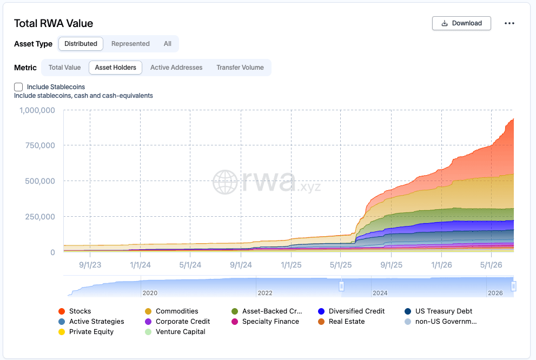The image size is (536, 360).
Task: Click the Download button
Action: click(x=461, y=23)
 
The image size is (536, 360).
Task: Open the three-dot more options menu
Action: click(x=509, y=23)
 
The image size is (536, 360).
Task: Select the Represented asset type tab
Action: click(x=130, y=44)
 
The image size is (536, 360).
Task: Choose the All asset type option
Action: click(x=168, y=44)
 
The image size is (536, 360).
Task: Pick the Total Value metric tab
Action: click(x=64, y=68)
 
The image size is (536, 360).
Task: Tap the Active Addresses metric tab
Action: click(x=176, y=68)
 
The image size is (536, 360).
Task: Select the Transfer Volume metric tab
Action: click(x=240, y=68)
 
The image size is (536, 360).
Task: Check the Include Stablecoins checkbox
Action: click(x=18, y=86)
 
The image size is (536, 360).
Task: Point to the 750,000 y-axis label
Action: click(x=40, y=145)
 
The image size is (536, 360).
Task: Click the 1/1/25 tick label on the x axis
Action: click(x=291, y=265)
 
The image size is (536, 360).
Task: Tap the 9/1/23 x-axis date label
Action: click(x=90, y=265)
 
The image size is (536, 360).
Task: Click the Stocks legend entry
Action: click(x=75, y=311)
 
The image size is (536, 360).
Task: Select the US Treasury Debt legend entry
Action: click(x=438, y=311)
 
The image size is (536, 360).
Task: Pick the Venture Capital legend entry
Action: click(x=175, y=332)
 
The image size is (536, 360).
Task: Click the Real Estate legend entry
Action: click(x=341, y=322)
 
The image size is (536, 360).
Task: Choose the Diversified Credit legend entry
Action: click(x=351, y=311)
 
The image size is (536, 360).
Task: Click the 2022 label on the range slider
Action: click(x=265, y=293)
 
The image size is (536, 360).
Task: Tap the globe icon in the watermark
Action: click(x=225, y=182)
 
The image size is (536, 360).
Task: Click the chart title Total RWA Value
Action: click(x=54, y=23)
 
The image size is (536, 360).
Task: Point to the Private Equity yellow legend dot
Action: click(x=62, y=332)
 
